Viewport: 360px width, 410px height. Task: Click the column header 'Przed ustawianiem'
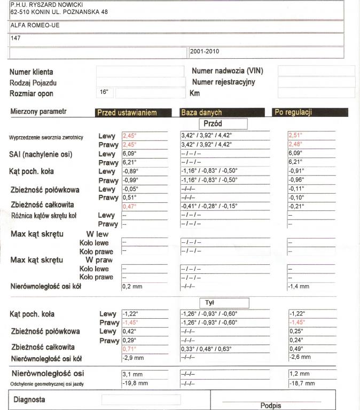tap(127, 113)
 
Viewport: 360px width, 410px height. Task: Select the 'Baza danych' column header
tap(201, 113)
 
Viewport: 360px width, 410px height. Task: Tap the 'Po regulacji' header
tap(293, 113)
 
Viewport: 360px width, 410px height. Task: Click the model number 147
tap(15, 38)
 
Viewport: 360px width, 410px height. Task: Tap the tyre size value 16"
tap(104, 92)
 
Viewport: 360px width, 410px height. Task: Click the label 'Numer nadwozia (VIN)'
tap(227, 71)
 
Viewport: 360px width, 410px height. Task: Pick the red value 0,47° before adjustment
tap(129, 206)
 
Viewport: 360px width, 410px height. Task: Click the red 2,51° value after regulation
tap(295, 135)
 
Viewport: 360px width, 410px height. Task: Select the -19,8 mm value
tap(135, 383)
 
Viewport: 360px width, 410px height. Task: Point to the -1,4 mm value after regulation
tap(299, 286)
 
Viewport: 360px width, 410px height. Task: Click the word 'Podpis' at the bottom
tap(271, 405)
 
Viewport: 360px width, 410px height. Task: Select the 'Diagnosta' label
tap(29, 399)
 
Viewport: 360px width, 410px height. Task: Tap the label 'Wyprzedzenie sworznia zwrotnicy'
tap(46, 137)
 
